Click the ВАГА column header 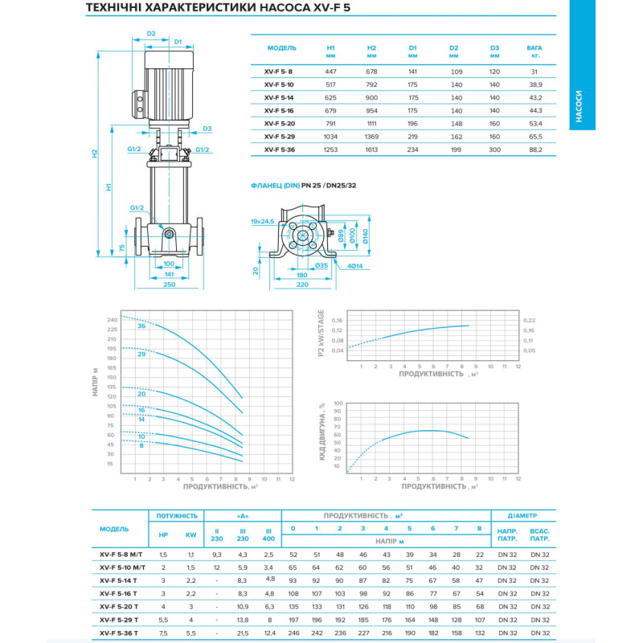(x=534, y=51)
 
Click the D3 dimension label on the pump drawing (x=207, y=129)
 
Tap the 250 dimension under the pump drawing (x=168, y=284)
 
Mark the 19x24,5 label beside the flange (x=262, y=220)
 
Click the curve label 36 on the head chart (x=141, y=326)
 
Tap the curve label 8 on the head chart (x=141, y=444)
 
